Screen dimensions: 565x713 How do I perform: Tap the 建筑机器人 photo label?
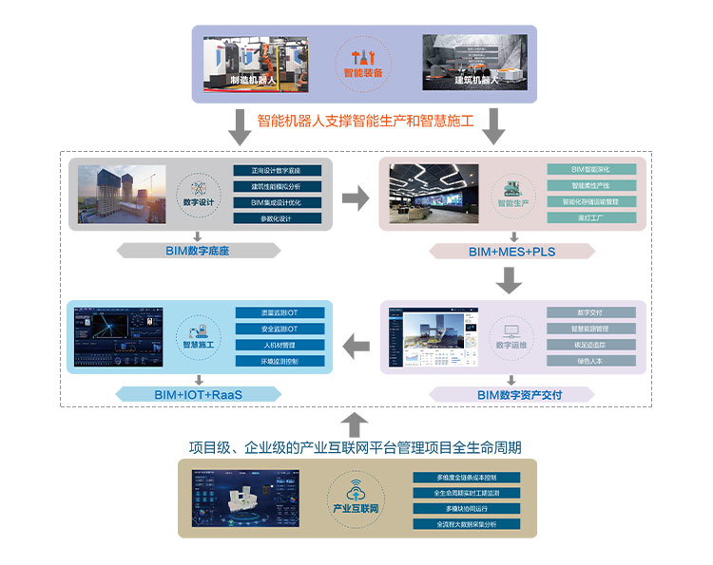[476, 81]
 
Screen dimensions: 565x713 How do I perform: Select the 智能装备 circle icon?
[363, 62]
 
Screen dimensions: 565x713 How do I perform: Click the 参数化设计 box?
[277, 218]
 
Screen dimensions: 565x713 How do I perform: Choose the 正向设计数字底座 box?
[277, 171]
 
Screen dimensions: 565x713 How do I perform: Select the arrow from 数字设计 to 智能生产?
[356, 198]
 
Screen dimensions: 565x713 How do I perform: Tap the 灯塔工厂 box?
[590, 218]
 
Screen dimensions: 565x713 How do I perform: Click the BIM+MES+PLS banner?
[512, 252]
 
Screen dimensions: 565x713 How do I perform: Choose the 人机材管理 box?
[279, 345]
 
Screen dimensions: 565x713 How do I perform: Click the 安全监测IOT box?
[279, 329]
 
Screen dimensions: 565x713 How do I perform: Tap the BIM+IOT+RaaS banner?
[198, 394]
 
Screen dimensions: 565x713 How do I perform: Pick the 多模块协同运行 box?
[466, 509]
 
